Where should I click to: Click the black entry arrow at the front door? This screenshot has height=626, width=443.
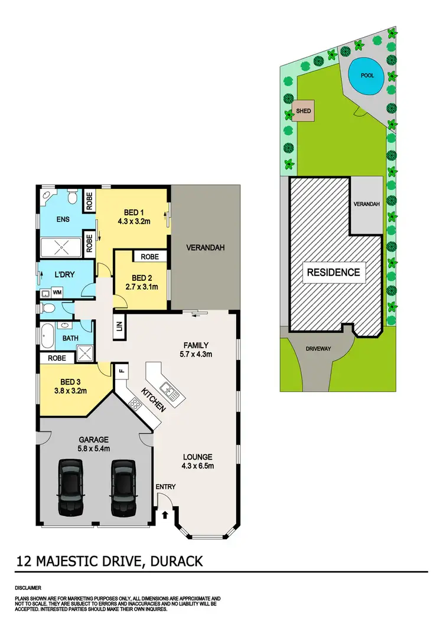pyautogui.click(x=165, y=515)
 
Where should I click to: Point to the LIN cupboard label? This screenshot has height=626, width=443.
pyautogui.click(x=119, y=326)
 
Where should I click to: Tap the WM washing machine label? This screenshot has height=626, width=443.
pyautogui.click(x=57, y=292)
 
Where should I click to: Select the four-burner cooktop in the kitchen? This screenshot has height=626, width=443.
pyautogui.click(x=135, y=405)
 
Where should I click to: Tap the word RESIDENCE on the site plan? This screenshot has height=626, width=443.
pyautogui.click(x=333, y=272)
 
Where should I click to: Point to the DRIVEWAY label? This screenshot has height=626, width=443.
pyautogui.click(x=318, y=349)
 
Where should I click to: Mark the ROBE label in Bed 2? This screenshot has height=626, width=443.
pyautogui.click(x=149, y=257)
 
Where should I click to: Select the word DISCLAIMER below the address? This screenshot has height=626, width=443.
pyautogui.click(x=28, y=588)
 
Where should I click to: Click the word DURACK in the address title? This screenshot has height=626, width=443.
pyautogui.click(x=176, y=560)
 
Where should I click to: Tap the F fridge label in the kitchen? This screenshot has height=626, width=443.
pyautogui.click(x=121, y=371)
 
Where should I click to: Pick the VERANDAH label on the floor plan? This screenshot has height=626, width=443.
pyautogui.click(x=206, y=247)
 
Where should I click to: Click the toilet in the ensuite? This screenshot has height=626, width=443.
pyautogui.click(x=70, y=195)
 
